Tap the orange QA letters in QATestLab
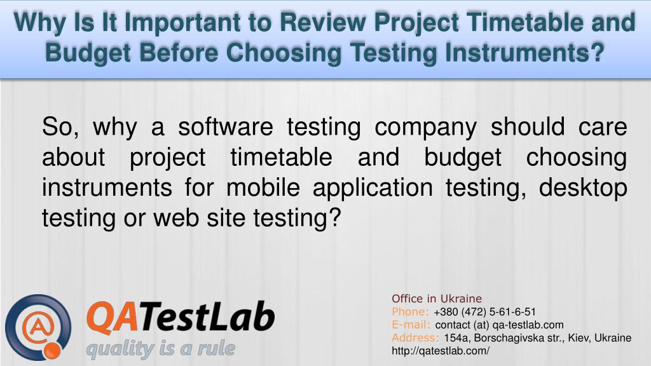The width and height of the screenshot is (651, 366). [110, 317]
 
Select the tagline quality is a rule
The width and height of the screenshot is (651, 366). [160, 349]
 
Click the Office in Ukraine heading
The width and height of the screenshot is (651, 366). [437, 298]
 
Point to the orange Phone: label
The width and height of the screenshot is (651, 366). [411, 311]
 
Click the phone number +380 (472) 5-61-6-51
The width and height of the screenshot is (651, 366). [484, 311]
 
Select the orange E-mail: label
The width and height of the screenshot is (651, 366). [412, 325]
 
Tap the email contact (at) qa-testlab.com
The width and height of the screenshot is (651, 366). [499, 325]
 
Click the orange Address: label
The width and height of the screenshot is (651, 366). [416, 337]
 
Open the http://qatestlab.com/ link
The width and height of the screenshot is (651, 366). [441, 351]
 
